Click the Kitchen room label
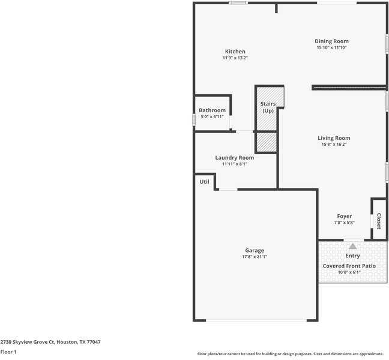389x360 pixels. (x=235, y=52)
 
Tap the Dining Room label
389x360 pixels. (x=331, y=41)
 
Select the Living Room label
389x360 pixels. (x=334, y=138)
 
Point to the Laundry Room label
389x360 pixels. (x=234, y=158)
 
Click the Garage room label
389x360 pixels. (x=254, y=250)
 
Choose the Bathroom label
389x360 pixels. (x=212, y=110)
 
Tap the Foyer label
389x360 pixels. (x=344, y=216)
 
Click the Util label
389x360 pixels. (x=204, y=181)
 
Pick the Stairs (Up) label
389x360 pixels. (x=268, y=107)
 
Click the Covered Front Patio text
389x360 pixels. (x=349, y=266)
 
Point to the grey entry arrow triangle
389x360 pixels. (x=352, y=246)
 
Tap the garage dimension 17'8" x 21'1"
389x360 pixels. (x=254, y=257)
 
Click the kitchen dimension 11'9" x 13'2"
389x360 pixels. (x=235, y=58)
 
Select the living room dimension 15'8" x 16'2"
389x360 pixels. (x=334, y=144)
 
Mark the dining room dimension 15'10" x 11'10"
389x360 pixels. (x=331, y=47)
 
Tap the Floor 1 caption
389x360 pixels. (x=8, y=352)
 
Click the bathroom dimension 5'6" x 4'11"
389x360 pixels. (x=212, y=116)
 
